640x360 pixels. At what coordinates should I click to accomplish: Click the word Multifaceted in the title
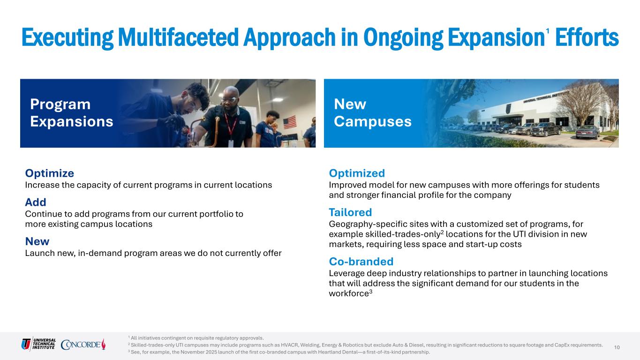pos(178,37)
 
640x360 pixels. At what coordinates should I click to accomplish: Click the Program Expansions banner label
pos(72,112)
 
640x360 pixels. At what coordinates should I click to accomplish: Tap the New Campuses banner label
pos(373,112)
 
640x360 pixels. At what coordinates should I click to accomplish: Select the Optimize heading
pos(49,173)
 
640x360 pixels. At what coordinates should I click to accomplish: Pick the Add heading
pos(36,202)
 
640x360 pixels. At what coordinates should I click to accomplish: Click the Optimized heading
pos(357,173)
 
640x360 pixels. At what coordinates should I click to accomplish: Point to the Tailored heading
pos(350,212)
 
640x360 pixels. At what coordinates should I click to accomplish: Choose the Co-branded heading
pos(361,262)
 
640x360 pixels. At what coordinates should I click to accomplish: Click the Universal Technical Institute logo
pos(38,344)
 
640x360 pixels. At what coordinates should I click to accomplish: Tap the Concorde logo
pos(83,345)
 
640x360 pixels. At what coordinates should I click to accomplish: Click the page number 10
pos(617,347)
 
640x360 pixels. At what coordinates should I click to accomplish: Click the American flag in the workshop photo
pos(290,122)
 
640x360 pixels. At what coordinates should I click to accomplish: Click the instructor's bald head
pos(231,92)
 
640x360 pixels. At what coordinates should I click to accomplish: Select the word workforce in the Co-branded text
pos(349,294)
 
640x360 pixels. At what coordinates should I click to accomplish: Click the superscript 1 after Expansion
pos(548,31)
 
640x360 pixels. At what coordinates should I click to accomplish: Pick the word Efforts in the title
pos(587,37)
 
